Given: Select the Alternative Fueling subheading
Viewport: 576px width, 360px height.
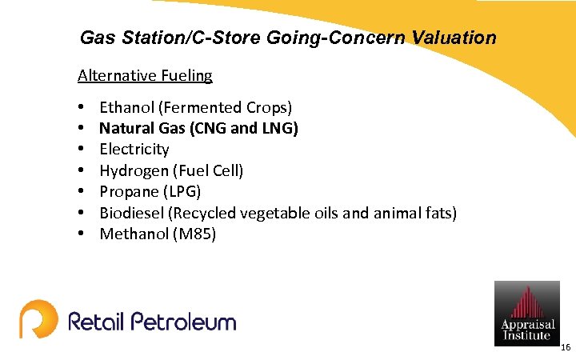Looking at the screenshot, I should pyautogui.click(x=145, y=76).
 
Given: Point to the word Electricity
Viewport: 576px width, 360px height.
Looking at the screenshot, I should pyautogui.click(x=134, y=150).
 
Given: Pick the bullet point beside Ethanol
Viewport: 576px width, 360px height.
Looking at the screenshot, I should pyautogui.click(x=82, y=107).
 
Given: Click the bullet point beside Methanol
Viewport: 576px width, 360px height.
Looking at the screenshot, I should pyautogui.click(x=82, y=234).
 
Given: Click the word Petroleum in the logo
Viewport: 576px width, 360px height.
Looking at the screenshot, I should pyautogui.click(x=184, y=322).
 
